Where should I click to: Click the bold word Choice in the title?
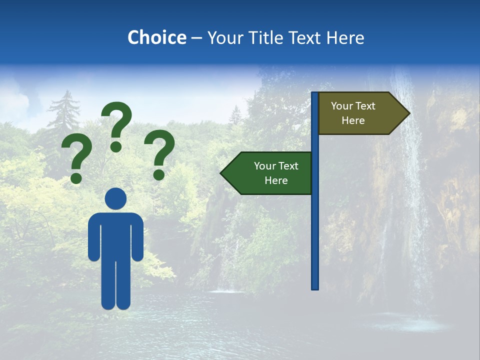tap(156, 37)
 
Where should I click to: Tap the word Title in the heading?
tap(264, 37)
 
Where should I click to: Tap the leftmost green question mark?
tap(76, 159)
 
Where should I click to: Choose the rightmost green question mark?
tap(159, 154)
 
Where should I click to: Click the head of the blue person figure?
tap(116, 198)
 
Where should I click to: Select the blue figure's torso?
tap(116, 235)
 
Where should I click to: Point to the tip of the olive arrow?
tap(408, 113)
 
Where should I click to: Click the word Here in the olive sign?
tap(353, 120)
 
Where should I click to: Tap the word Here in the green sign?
tap(276, 180)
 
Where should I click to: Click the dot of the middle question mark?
tap(116, 146)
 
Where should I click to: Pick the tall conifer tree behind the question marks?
tap(64, 117)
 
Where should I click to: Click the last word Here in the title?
tap(345, 37)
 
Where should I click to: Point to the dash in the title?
tap(196, 38)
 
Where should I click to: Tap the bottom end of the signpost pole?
tap(315, 287)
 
